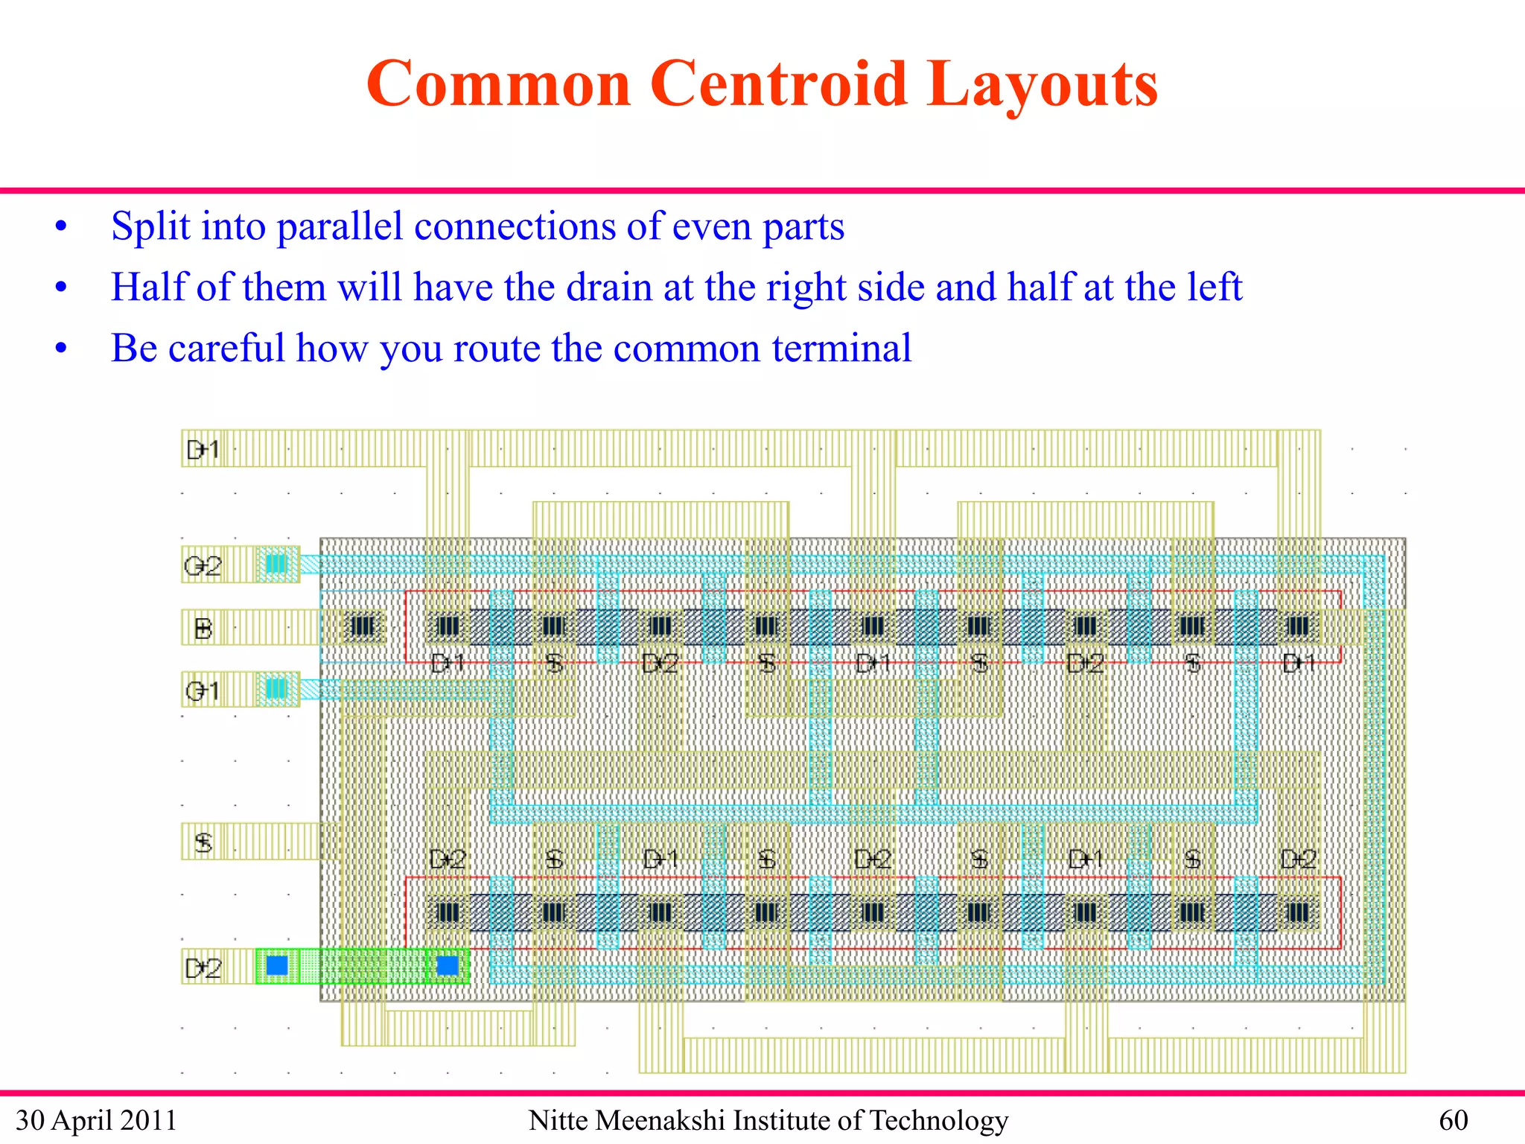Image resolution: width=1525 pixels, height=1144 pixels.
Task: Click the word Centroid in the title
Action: (x=778, y=83)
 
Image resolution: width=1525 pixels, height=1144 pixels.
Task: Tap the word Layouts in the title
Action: (x=1042, y=85)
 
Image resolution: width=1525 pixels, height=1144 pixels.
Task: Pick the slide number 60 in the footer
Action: (x=1453, y=1120)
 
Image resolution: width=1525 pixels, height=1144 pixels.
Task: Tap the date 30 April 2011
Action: (x=96, y=1120)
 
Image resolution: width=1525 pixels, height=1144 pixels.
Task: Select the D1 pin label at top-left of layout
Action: (x=203, y=449)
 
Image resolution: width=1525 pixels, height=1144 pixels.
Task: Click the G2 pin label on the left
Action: (x=203, y=566)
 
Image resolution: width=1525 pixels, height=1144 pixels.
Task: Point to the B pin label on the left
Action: (x=203, y=629)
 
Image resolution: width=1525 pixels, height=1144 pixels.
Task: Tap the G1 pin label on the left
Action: (x=203, y=690)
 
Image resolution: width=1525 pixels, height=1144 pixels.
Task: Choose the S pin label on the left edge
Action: (x=203, y=842)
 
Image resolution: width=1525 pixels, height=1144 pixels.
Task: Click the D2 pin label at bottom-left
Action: (x=203, y=967)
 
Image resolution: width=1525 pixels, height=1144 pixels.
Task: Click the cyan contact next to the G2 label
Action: (x=276, y=564)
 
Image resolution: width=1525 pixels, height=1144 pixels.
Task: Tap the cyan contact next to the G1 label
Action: (x=276, y=687)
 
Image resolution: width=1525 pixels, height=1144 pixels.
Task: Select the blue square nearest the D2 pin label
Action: (x=277, y=965)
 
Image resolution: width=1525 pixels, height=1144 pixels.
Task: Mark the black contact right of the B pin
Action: (x=363, y=626)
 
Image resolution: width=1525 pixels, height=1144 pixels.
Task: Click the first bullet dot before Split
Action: (x=61, y=226)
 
